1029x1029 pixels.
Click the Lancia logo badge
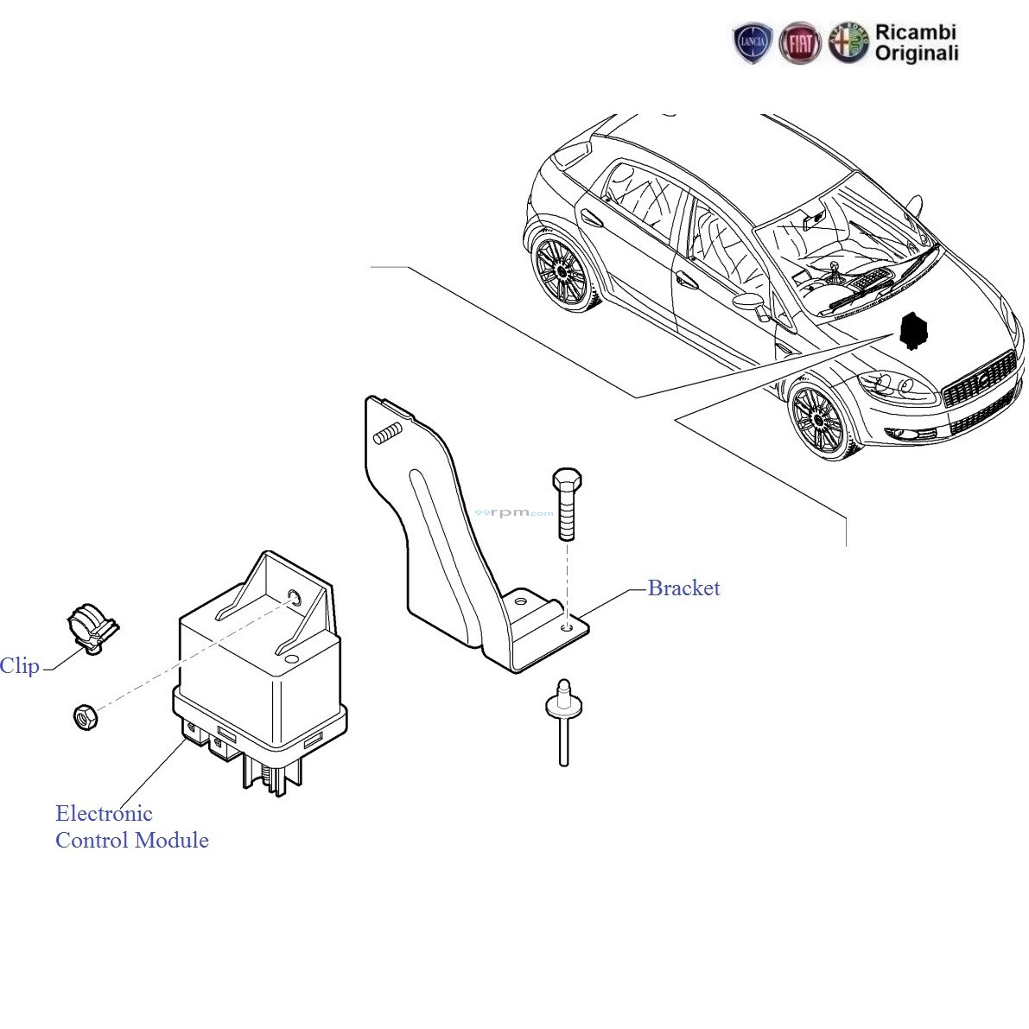753,43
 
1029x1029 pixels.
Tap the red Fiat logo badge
800,43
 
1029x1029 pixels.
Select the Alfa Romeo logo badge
848,43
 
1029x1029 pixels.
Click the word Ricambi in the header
916,32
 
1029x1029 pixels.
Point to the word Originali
917,54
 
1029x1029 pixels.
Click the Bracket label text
683,588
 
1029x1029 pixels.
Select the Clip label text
19,666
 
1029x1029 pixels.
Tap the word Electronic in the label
104,814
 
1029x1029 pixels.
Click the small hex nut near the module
85,716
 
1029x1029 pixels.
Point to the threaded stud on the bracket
388,435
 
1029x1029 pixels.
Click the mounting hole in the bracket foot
566,628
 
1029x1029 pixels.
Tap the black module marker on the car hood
912,331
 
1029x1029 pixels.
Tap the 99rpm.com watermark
514,512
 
